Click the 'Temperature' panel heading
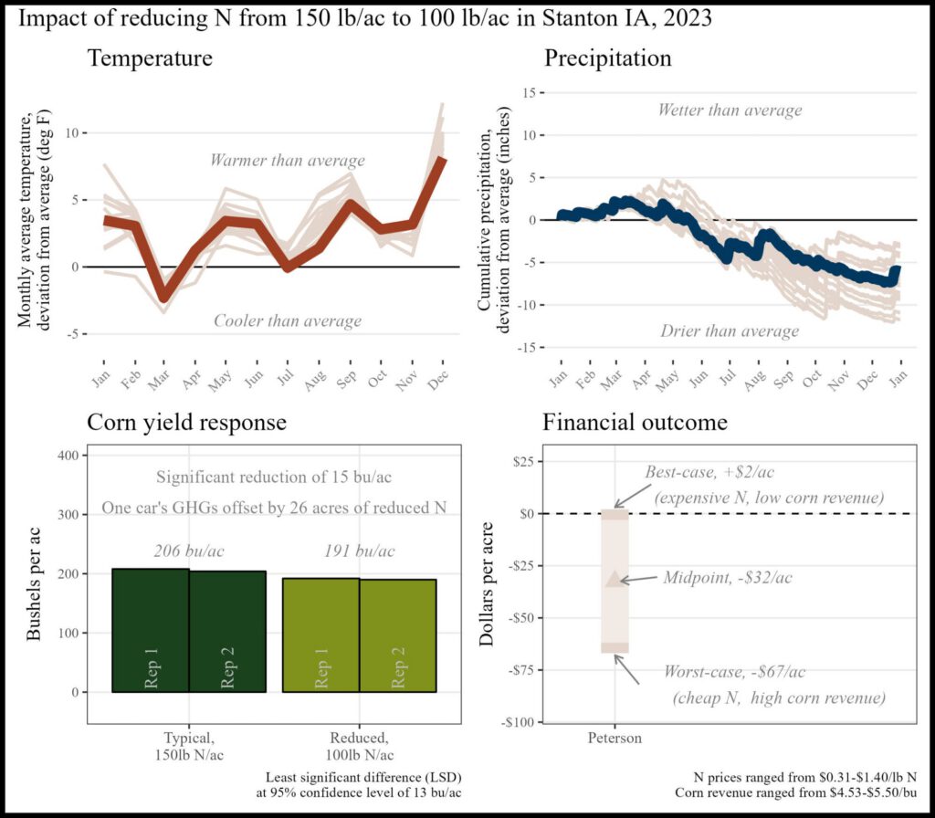click(x=150, y=59)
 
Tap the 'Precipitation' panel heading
click(x=608, y=59)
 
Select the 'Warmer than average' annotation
click(x=288, y=161)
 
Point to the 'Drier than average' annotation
click(x=730, y=330)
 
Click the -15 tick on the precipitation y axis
click(x=527, y=348)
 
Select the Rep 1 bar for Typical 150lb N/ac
click(x=151, y=630)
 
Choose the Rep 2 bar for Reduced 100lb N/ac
click(x=398, y=635)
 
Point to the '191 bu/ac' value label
click(x=360, y=551)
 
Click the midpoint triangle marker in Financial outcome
click(x=615, y=578)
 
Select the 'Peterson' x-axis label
click(x=615, y=738)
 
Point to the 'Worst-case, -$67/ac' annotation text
click(x=735, y=672)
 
